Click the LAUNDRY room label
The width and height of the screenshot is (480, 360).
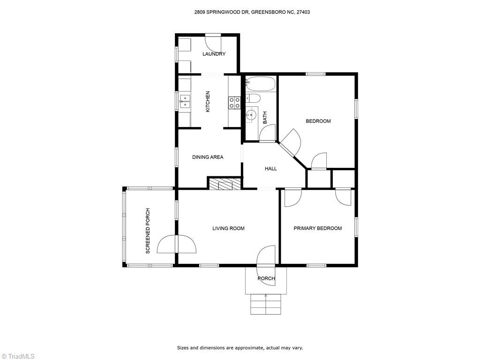[x=214, y=54]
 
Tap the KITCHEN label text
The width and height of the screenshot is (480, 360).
[x=208, y=101]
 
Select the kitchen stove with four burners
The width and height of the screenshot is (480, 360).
[x=234, y=103]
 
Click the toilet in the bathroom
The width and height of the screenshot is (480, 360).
[x=253, y=98]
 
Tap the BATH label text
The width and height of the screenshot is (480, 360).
[x=265, y=117]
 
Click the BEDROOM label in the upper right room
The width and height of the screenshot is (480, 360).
[x=318, y=121]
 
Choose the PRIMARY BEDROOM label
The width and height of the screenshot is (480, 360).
[x=317, y=228]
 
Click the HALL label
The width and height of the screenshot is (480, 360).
[x=271, y=169]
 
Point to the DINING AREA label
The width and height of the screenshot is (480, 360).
[x=208, y=157]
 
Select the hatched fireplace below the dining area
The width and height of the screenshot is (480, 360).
[x=225, y=184]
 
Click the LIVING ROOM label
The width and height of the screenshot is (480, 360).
[x=228, y=228]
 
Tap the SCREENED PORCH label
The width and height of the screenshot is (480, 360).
[x=148, y=231]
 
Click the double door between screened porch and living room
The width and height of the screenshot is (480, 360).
[x=176, y=244]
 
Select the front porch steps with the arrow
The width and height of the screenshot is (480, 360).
[x=266, y=304]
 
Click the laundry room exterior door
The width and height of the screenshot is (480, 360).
[x=213, y=40]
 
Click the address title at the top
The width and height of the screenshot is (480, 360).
[x=252, y=12]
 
